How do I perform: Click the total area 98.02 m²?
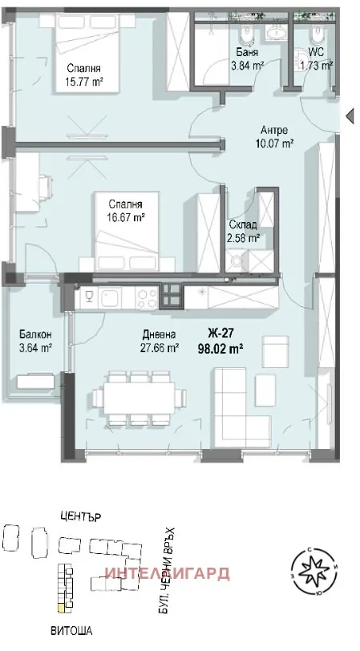tap(220, 348)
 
